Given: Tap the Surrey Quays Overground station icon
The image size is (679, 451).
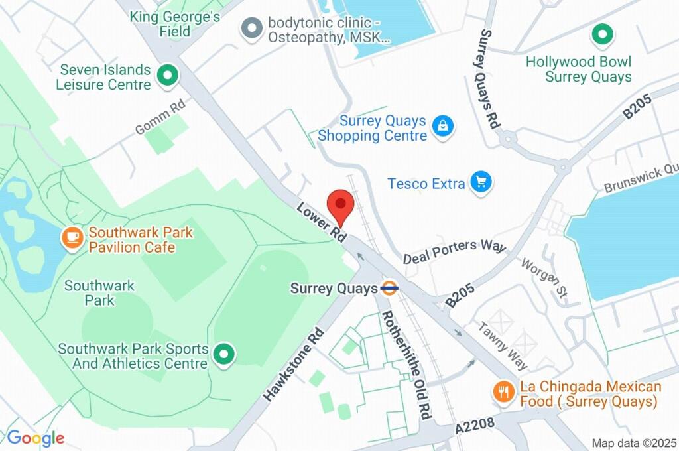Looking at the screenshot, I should click(x=389, y=289).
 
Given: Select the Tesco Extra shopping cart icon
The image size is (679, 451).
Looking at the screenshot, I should click(x=481, y=183).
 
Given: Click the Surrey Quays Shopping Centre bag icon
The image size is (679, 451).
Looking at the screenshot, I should click(x=442, y=126).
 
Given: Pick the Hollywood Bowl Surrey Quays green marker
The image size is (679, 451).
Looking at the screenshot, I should click(x=602, y=35).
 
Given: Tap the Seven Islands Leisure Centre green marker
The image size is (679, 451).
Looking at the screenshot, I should click(x=166, y=75).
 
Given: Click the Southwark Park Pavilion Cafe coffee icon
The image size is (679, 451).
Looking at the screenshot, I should click(x=72, y=237).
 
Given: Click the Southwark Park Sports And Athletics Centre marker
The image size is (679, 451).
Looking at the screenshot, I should click(x=224, y=355).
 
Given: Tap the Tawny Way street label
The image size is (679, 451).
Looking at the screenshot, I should click(x=503, y=346).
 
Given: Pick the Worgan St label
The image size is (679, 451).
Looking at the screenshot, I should click(x=544, y=279).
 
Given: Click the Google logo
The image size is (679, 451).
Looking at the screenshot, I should click(x=35, y=438).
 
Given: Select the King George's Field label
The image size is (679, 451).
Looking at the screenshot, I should click(x=175, y=24).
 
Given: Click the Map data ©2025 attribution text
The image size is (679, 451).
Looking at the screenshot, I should click(x=633, y=443).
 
